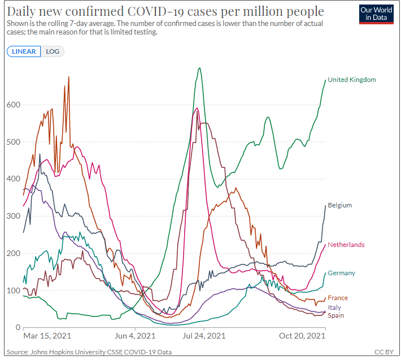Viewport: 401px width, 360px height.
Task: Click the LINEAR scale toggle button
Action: pyautogui.click(x=24, y=51)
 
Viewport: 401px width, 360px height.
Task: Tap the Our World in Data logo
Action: pyautogui.click(x=376, y=14)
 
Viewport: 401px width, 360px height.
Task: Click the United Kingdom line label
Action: pyautogui.click(x=351, y=80)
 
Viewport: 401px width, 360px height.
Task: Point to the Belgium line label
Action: pyautogui.click(x=339, y=205)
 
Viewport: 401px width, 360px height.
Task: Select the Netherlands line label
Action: pyautogui.click(x=346, y=245)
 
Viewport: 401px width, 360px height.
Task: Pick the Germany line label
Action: pyautogui.click(x=341, y=273)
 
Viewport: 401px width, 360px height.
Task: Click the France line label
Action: pyautogui.click(x=338, y=298)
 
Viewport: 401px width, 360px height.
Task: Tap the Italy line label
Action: pyautogui.click(x=335, y=307)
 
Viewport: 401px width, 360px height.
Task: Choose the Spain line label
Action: pyautogui.click(x=336, y=315)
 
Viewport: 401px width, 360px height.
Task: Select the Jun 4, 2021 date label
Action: pyautogui.click(x=135, y=336)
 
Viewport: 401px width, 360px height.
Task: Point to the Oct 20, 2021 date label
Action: pyautogui.click(x=303, y=336)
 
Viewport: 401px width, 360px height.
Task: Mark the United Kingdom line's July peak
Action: pyautogui.click(x=200, y=68)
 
